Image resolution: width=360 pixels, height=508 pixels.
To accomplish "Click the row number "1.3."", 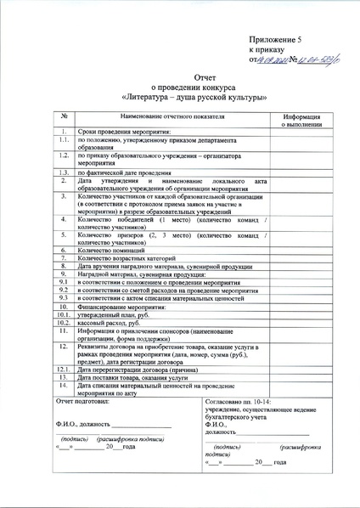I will (64, 172).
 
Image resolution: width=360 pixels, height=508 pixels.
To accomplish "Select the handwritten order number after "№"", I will (312, 59).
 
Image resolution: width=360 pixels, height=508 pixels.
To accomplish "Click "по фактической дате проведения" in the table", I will (123, 172).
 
